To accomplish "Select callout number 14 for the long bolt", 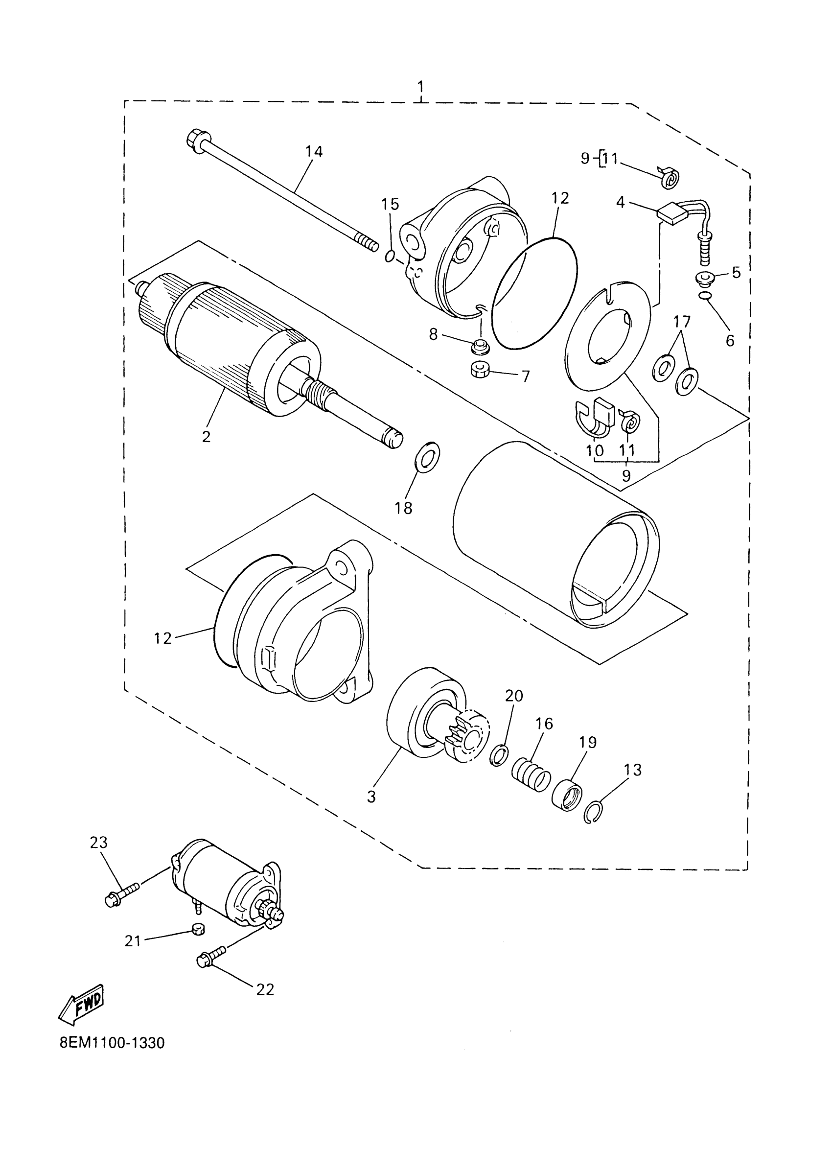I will tap(314, 151).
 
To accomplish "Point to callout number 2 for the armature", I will tap(206, 436).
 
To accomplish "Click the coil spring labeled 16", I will tap(530, 777).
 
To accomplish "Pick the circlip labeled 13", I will tap(594, 812).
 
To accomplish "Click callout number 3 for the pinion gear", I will tap(371, 797).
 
